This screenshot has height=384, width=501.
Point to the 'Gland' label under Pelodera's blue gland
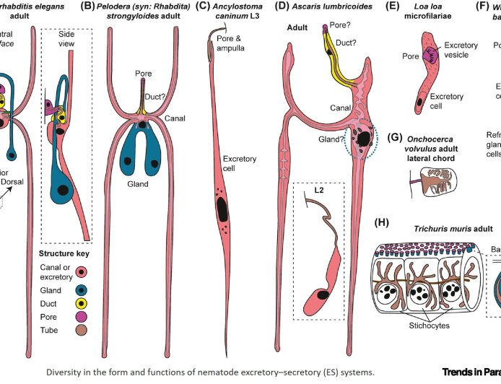point(137,184)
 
